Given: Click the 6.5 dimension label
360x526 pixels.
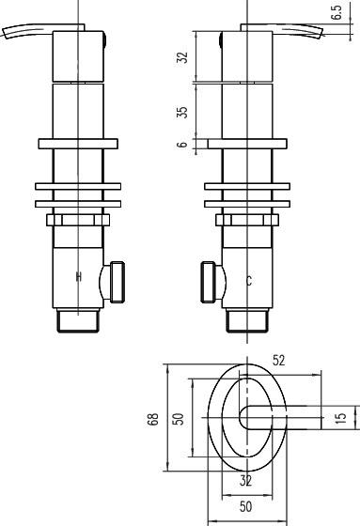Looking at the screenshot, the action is click(337, 12).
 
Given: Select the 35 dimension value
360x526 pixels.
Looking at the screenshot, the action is click(181, 112).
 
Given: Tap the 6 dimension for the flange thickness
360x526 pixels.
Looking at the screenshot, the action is click(181, 145).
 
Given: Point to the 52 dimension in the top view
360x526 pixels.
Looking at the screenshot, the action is click(279, 361).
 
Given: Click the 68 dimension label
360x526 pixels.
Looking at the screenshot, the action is click(153, 419).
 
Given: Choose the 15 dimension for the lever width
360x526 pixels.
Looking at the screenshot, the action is click(341, 417).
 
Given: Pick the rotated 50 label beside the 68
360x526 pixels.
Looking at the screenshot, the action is click(179, 419).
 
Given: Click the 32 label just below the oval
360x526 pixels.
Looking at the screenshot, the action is click(245, 481).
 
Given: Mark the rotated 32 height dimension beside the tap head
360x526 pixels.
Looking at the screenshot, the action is click(181, 57).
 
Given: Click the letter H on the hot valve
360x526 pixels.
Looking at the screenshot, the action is click(79, 277).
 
